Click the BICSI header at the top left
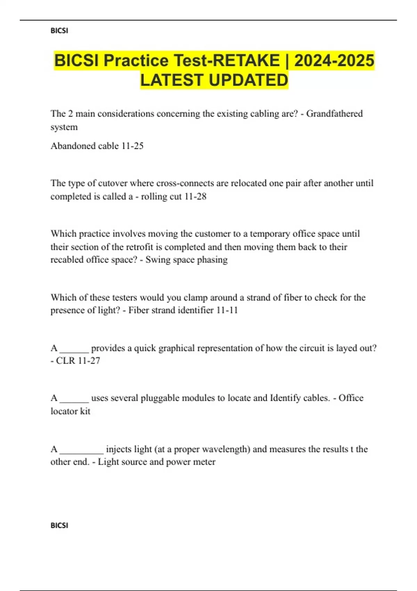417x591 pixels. click(x=59, y=31)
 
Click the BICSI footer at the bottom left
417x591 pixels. click(x=59, y=525)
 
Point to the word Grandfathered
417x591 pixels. click(x=334, y=114)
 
